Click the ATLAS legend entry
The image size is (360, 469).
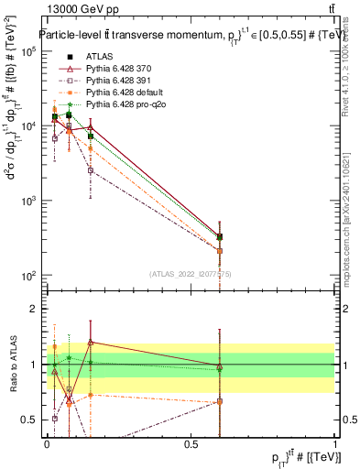(x=98, y=57)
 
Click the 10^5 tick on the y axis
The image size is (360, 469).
(x=27, y=51)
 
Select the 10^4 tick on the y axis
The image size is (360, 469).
(x=27, y=125)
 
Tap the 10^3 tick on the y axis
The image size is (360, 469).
(x=27, y=201)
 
